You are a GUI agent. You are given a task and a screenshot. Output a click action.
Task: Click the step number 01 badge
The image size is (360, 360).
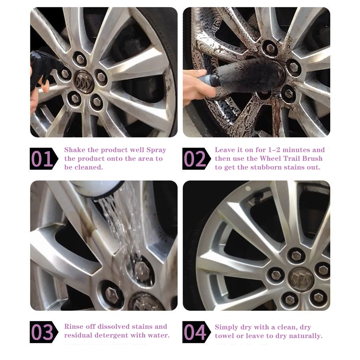44,159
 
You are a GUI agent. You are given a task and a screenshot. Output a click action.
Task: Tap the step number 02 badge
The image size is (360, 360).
196,159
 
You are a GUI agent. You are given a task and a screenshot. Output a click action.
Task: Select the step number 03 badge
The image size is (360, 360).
44,332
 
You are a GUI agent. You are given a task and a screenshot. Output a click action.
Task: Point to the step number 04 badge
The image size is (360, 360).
196,332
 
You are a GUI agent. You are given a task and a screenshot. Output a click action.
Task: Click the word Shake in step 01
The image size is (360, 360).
75,150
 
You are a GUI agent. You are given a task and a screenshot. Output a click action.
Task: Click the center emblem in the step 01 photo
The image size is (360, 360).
84,82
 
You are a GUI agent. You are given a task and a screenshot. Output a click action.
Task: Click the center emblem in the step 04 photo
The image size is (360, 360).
300,280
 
